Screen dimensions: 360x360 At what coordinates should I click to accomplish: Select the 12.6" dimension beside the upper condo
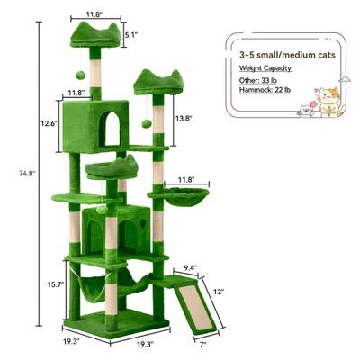point(50,122)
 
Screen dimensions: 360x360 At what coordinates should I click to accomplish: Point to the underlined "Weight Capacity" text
point(266,67)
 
